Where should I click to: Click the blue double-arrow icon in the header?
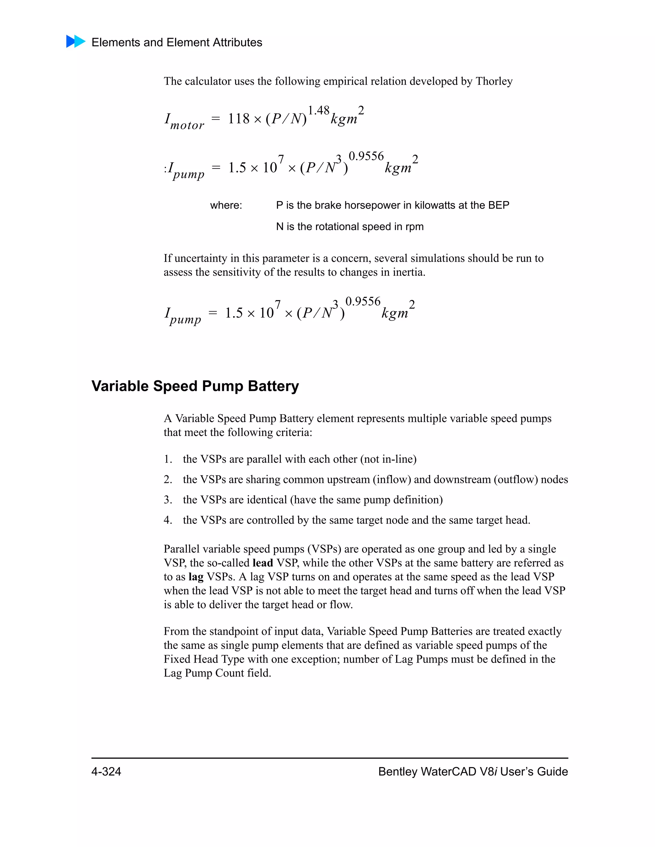[76, 42]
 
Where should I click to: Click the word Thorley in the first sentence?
[493, 81]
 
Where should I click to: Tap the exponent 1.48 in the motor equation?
[318, 111]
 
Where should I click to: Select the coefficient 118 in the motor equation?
[239, 119]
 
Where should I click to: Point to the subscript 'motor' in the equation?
[187, 126]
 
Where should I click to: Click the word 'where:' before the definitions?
[226, 205]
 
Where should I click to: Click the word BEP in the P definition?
[499, 205]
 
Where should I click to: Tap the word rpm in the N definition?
[414, 227]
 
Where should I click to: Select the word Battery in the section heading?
[273, 386]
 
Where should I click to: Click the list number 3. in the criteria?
[168, 500]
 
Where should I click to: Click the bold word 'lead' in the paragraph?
[263, 563]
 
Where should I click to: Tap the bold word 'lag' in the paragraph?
[196, 577]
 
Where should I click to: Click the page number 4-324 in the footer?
[106, 772]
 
